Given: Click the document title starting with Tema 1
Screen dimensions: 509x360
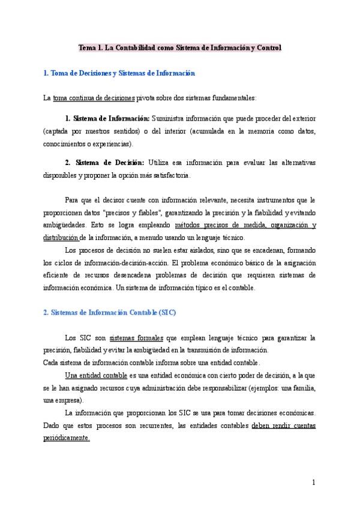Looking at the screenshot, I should coord(181,47).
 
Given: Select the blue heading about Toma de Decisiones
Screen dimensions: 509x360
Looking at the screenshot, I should coord(120,73).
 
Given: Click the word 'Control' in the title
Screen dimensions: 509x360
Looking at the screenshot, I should coord(265,47).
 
